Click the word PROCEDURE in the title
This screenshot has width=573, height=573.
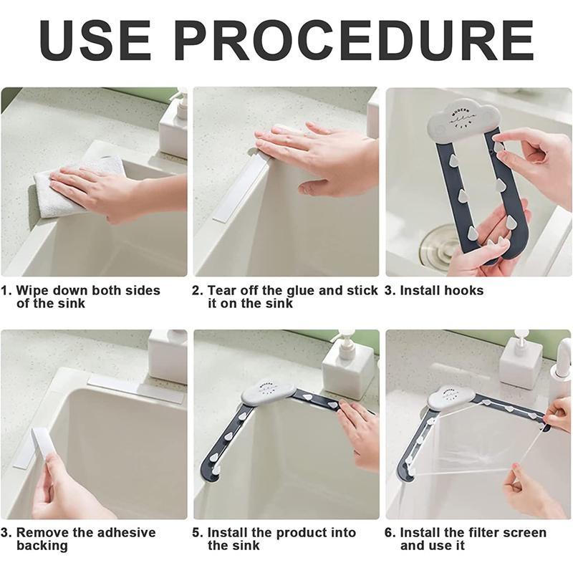[355, 41]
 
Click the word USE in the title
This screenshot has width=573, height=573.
[95, 41]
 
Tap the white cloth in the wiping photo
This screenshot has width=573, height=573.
[79, 188]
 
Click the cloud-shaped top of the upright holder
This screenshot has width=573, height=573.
[464, 118]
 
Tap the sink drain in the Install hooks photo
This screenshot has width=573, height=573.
[437, 243]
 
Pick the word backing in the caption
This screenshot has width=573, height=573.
[42, 546]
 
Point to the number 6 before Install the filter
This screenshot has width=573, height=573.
[389, 533]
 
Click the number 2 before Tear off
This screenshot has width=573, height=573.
[197, 291]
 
